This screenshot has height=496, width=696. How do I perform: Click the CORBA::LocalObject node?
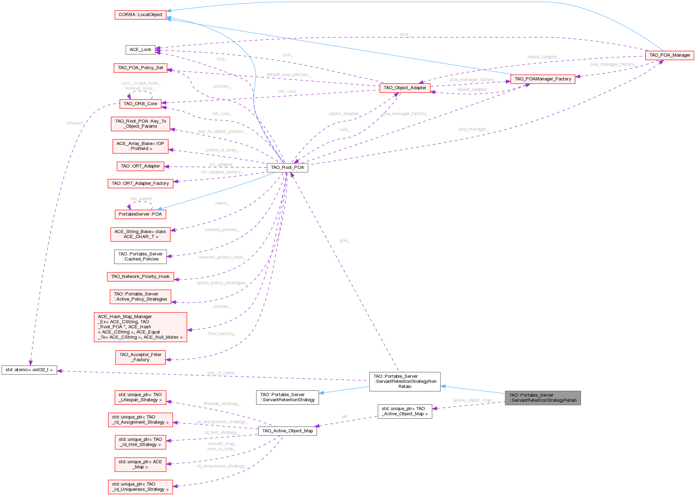pyautogui.click(x=140, y=15)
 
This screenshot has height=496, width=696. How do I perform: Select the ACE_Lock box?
pyautogui.click(x=140, y=50)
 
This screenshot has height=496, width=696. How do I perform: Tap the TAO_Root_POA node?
pyautogui.click(x=287, y=167)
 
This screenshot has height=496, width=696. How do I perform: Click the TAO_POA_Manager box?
pyautogui.click(x=669, y=55)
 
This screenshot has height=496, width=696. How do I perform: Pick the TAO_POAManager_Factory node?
pyautogui.click(x=543, y=79)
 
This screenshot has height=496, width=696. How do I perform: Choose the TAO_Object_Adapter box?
pyautogui.click(x=405, y=88)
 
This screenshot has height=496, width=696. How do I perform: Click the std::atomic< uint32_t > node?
pyautogui.click(x=29, y=370)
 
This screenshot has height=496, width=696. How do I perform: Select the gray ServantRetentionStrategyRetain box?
pyautogui.click(x=543, y=398)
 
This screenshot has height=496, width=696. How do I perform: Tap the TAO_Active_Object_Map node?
pyautogui.click(x=287, y=431)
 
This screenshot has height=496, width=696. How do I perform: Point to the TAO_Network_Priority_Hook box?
pyautogui.click(x=140, y=276)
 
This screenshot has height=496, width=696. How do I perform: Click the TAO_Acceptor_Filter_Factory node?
pyautogui.click(x=140, y=357)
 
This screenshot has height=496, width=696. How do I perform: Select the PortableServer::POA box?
pyautogui.click(x=140, y=214)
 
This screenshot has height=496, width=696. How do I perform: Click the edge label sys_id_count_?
pyautogui.click(x=222, y=373)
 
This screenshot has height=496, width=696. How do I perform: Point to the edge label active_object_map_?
pyautogui.click(x=472, y=400)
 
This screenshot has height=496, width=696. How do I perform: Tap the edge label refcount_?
pyautogui.click(x=75, y=123)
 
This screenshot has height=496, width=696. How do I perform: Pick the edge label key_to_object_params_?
pyautogui.click(x=222, y=131)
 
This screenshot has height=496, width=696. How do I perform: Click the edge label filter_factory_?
pyautogui.click(x=222, y=334)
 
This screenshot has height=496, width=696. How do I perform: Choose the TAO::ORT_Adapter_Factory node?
pyautogui.click(x=140, y=184)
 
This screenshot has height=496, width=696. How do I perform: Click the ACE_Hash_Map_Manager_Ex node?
pyautogui.click(x=140, y=327)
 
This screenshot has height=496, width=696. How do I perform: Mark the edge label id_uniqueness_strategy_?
pyautogui.click(x=222, y=466)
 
